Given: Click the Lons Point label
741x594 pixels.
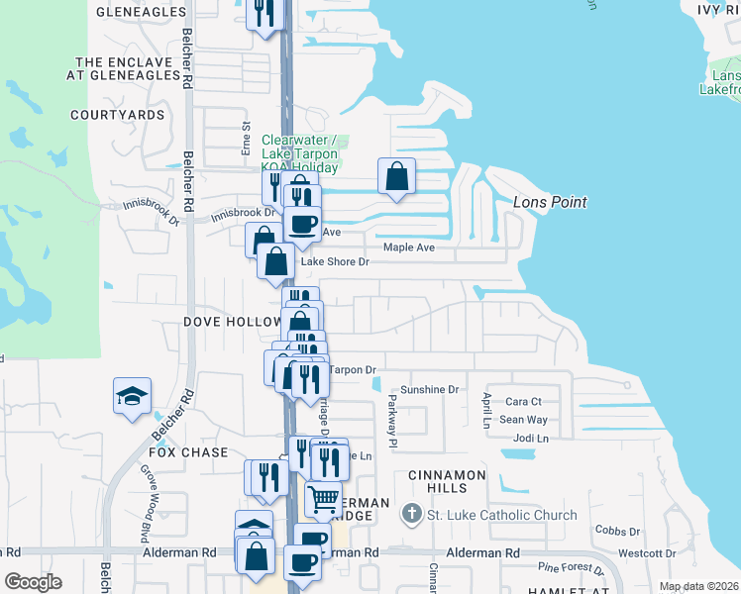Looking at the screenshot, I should (551, 202).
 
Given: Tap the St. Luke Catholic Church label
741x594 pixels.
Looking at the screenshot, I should (501, 515).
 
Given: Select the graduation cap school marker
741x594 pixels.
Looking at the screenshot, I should (132, 396).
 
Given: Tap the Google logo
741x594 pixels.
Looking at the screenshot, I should (33, 581).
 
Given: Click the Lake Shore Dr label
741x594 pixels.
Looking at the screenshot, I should (335, 262).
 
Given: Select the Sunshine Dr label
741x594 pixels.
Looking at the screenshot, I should (430, 390).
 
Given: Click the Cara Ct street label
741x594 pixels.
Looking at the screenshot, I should (523, 402).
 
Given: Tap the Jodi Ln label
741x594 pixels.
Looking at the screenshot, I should (531, 438).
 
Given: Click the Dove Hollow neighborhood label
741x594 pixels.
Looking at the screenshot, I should (233, 323).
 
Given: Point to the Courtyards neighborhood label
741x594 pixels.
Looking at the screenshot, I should (117, 115).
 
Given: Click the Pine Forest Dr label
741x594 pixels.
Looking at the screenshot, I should (571, 568).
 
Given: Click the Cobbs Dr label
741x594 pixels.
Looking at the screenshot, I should (617, 532).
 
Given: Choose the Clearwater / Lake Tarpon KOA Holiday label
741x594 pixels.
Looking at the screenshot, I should (300, 153).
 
